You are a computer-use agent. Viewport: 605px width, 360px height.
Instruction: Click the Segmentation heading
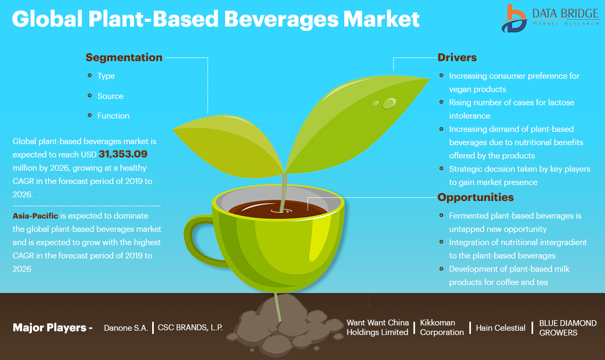pyautogui.click(x=124, y=57)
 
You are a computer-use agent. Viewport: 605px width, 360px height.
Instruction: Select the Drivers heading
pyautogui.click(x=457, y=57)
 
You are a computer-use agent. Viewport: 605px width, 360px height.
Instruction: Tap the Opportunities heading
pyautogui.click(x=476, y=197)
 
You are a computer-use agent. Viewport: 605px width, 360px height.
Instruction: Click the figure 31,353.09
pyautogui.click(x=123, y=154)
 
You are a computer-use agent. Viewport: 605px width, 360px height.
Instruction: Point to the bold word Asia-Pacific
pyautogui.click(x=35, y=216)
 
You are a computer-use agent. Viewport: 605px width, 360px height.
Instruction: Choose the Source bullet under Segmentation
pyautogui.click(x=110, y=96)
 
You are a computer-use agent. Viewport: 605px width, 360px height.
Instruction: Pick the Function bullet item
pyautogui.click(x=113, y=115)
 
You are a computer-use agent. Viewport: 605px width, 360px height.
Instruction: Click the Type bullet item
pyautogui.click(x=106, y=76)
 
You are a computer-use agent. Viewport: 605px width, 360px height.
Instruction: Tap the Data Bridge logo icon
pyautogui.click(x=514, y=19)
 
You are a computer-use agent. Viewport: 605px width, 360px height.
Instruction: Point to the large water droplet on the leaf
pyautogui.click(x=389, y=103)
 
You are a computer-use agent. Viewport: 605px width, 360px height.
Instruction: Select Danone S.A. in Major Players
pyautogui.click(x=126, y=328)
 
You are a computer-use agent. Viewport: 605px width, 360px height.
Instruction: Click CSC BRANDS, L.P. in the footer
pyautogui.click(x=190, y=328)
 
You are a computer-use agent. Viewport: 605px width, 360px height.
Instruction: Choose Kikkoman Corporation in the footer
pyautogui.click(x=442, y=328)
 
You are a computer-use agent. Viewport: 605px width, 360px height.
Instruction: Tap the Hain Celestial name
pyautogui.click(x=500, y=328)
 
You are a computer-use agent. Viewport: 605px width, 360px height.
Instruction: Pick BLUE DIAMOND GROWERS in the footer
pyautogui.click(x=568, y=328)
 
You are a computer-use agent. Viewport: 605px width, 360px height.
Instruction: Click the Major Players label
pyautogui.click(x=53, y=328)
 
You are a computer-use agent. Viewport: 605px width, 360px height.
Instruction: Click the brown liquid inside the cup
pyautogui.click(x=278, y=210)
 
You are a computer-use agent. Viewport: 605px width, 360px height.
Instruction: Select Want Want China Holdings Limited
pyautogui.click(x=377, y=327)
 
